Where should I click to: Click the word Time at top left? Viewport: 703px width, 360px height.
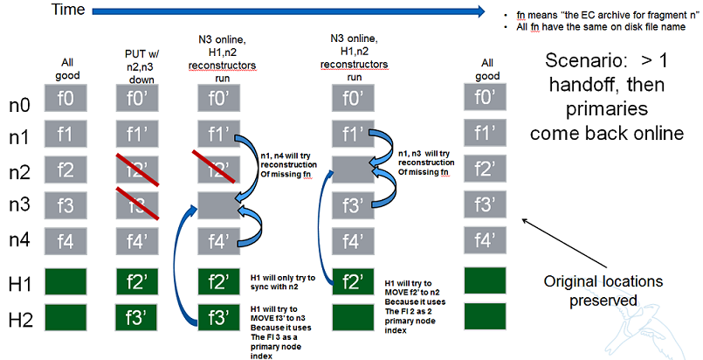click(x=69, y=10)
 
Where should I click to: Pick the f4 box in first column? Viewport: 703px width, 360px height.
click(x=65, y=239)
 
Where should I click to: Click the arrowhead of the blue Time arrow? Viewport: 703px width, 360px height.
click(x=479, y=10)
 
